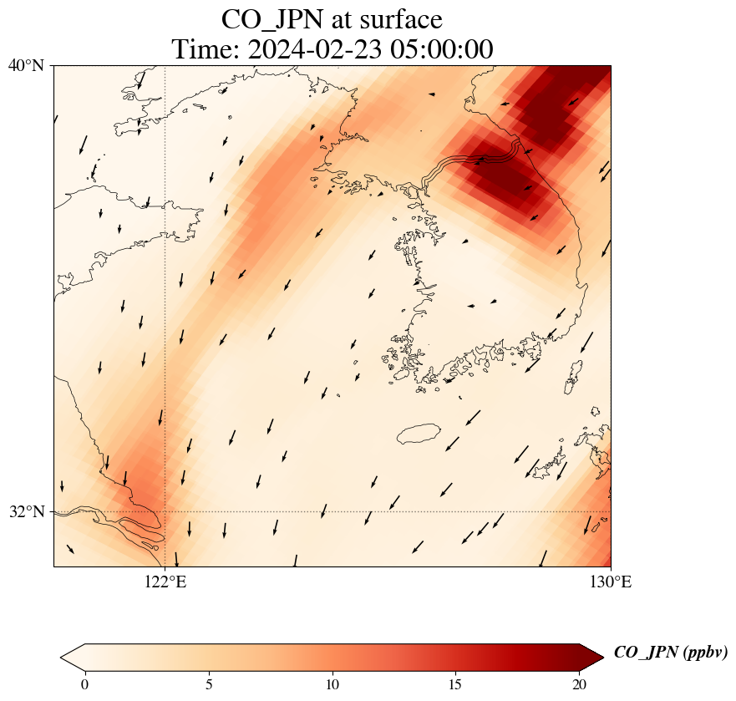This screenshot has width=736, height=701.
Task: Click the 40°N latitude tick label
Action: [x=26, y=65]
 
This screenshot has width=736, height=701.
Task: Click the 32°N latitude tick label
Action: [x=26, y=511]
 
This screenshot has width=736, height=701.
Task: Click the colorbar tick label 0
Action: [x=84, y=685]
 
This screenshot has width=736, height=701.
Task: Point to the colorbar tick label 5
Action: [x=209, y=685]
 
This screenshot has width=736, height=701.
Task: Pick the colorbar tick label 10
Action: [x=332, y=685]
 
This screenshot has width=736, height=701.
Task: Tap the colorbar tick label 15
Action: [x=456, y=685]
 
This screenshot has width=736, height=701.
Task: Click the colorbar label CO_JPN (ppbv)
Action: [x=670, y=653]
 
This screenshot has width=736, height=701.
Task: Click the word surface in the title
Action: [x=398, y=18]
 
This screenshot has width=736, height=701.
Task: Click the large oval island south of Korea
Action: [x=419, y=434]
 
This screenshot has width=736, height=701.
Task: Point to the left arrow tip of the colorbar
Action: [x=66, y=658]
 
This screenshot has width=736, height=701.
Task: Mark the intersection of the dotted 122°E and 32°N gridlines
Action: [x=165, y=511]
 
